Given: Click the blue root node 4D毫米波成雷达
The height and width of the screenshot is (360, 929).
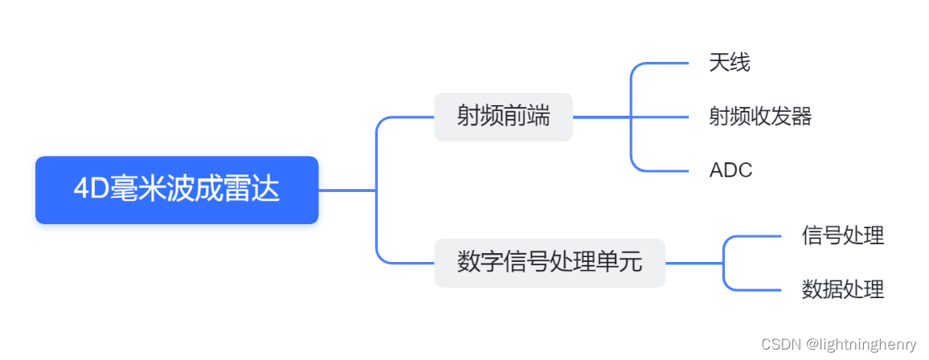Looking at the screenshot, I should [177, 190].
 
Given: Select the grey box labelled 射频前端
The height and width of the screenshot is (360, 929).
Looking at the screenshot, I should [503, 117].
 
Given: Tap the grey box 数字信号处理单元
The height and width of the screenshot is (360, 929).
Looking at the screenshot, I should [550, 263].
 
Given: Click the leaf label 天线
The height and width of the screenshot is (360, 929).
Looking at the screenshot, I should [730, 63].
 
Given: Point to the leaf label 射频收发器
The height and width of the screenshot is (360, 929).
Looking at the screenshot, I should [760, 117].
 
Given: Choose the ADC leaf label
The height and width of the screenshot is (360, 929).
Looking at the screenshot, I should [731, 170].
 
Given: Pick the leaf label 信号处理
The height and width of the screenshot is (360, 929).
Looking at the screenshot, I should [842, 236].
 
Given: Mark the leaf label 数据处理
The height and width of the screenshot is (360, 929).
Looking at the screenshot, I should [842, 289].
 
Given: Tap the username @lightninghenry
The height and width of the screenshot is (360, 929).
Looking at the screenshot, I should [861, 345].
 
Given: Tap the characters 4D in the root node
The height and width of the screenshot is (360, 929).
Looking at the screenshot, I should [86, 190].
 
